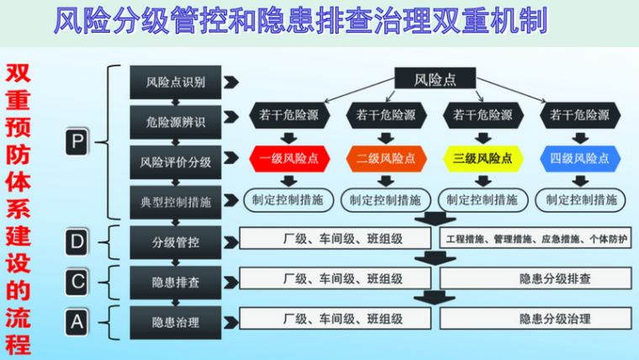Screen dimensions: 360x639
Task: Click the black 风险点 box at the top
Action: pos(436,80)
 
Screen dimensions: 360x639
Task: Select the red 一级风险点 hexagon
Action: pos(288,158)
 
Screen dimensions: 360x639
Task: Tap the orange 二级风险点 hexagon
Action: pos(385,158)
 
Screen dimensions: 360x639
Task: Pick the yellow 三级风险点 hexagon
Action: pos(482,158)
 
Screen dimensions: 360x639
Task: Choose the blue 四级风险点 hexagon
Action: pos(579,158)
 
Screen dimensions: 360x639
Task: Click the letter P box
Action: pos(77,143)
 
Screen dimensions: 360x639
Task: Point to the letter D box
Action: pos(77,242)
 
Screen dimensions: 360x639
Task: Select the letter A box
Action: pos(77,320)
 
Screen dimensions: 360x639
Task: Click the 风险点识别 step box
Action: pos(176,82)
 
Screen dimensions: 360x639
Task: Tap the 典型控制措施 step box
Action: pos(176,201)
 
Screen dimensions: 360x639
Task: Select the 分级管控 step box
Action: pos(176,241)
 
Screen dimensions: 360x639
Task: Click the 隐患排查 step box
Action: pos(176,280)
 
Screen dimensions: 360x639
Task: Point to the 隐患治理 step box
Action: pos(176,320)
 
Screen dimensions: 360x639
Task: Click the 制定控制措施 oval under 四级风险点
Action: pos(581,200)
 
